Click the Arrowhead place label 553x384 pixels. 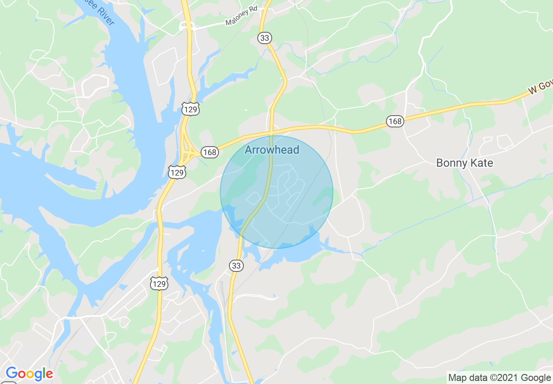pos(272,150)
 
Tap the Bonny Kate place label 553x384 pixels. pos(464,163)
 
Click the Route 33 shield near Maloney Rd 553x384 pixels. pos(264,38)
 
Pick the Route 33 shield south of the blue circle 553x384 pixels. pos(236,265)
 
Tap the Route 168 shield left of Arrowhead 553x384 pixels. pos(210,152)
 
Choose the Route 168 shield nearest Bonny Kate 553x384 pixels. pos(395,121)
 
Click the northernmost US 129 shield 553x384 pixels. pos(191,109)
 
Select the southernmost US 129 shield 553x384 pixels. pos(159,284)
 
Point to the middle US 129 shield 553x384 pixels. pos(178,173)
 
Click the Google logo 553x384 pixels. pos(29,374)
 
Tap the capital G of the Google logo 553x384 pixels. pos(12,373)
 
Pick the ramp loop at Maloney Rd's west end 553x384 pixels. pos(187,27)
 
